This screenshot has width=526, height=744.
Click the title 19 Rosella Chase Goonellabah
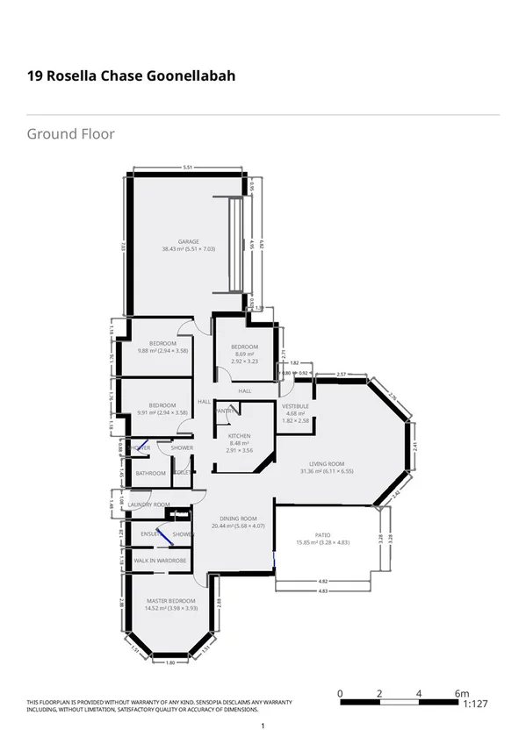pos(131,76)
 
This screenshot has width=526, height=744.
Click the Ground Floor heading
pos(70,134)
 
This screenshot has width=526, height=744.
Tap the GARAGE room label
pos(189,241)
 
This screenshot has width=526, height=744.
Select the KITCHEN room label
pos(239,436)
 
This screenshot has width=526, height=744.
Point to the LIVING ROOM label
pos(326,464)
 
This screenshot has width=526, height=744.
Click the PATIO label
pos(324,535)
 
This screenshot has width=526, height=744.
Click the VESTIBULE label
pos(295,407)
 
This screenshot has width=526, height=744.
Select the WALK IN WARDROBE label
pos(160,560)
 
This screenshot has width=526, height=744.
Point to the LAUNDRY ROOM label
pos(148,504)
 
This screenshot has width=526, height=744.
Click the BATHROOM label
pos(150,473)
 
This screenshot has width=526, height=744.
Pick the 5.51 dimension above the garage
pos(187,168)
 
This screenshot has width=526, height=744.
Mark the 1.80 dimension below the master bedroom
pos(170,662)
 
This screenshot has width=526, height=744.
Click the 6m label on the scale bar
pos(464,694)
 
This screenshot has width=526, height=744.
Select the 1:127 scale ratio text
pos(472,704)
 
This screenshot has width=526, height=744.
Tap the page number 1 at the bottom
pos(263,726)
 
